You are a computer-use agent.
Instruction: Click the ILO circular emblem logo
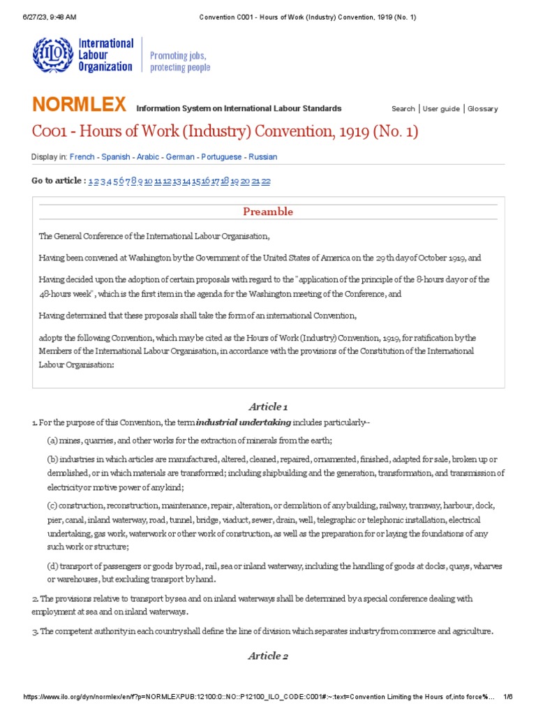52,54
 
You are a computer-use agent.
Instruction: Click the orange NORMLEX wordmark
79,105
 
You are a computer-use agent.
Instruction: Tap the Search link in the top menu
403,109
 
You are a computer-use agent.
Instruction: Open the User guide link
441,109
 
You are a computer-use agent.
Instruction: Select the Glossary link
482,109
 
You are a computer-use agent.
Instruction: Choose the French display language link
81,157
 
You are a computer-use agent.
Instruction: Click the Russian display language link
263,157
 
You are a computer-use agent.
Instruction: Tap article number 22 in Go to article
266,181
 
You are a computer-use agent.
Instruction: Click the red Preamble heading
268,212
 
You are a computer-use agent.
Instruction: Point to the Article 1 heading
268,406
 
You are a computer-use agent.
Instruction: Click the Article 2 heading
268,656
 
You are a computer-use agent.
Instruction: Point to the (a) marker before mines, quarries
52,440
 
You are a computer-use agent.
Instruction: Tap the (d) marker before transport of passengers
52,566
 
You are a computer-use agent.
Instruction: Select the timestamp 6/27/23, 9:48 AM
50,17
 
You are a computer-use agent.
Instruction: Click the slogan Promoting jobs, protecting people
180,61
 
